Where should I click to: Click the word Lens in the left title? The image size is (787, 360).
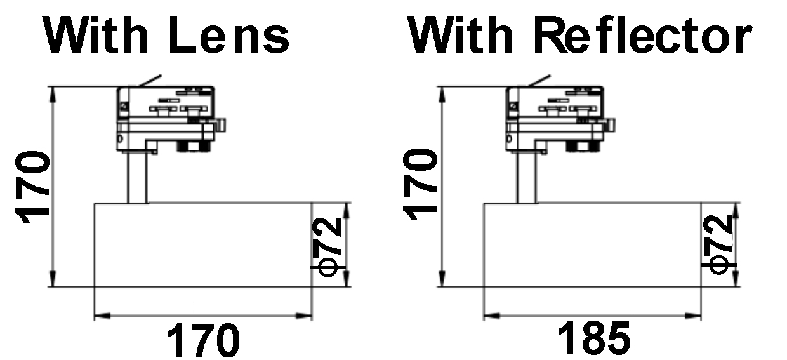pyautogui.click(x=229, y=35)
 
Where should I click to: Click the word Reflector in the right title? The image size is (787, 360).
pyautogui.click(x=644, y=35)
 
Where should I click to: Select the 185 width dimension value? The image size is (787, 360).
pyautogui.click(x=594, y=339)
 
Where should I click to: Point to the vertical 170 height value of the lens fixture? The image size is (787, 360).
pyautogui.click(x=32, y=187)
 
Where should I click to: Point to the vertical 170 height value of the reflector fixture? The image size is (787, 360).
pyautogui.click(x=420, y=184)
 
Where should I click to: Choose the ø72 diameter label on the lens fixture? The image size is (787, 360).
pyautogui.click(x=327, y=247)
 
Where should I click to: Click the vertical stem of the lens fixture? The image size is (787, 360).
pyautogui.click(x=137, y=178)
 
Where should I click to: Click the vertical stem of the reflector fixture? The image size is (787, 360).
pyautogui.click(x=527, y=178)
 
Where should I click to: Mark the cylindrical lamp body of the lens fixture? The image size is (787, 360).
pyautogui.click(x=203, y=244)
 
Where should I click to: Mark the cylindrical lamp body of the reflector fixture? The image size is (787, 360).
pyautogui.click(x=592, y=244)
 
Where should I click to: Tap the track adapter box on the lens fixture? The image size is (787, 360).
pyautogui.click(x=166, y=102)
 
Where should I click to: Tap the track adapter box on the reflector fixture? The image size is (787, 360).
pyautogui.click(x=555, y=102)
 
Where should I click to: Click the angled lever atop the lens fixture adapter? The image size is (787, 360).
pyautogui.click(x=150, y=81)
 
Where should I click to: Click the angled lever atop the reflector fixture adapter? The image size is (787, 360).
pyautogui.click(x=539, y=81)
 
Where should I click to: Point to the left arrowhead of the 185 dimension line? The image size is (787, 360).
pyautogui.click(x=491, y=316)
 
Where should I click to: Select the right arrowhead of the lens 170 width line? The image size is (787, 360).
pyautogui.click(x=304, y=316)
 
